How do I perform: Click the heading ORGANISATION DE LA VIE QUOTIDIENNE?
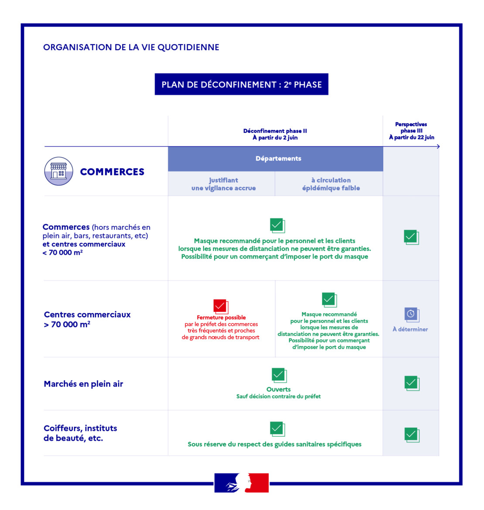click(131, 48)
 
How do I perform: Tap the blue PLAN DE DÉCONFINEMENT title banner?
click(242, 85)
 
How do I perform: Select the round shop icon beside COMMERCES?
click(58, 171)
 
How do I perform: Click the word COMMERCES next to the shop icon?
click(112, 172)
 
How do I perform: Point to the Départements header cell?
click(278, 159)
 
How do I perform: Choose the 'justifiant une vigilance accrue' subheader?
click(223, 184)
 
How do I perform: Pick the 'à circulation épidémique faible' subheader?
click(331, 184)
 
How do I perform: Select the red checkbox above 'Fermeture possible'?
click(221, 306)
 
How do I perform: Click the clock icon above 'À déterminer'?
click(411, 314)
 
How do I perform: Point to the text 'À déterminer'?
click(410, 330)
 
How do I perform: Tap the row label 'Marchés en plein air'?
click(83, 384)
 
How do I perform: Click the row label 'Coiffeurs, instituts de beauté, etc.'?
click(80, 433)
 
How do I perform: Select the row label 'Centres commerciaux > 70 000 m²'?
click(87, 320)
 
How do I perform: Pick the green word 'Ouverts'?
click(278, 389)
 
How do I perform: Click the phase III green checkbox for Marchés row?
click(411, 383)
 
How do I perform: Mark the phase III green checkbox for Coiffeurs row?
click(411, 435)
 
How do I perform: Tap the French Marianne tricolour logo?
click(242, 483)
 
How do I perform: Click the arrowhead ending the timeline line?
click(438, 146)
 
